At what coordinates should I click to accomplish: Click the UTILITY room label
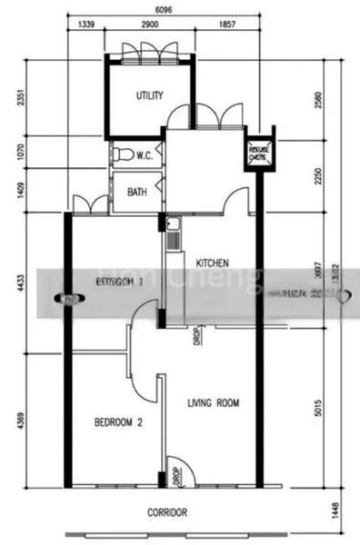click(x=148, y=95)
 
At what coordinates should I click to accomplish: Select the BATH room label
click(x=137, y=193)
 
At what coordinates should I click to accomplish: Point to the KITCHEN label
click(x=212, y=263)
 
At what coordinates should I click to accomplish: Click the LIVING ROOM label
click(x=214, y=402)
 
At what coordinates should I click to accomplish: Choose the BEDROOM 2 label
click(x=121, y=422)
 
